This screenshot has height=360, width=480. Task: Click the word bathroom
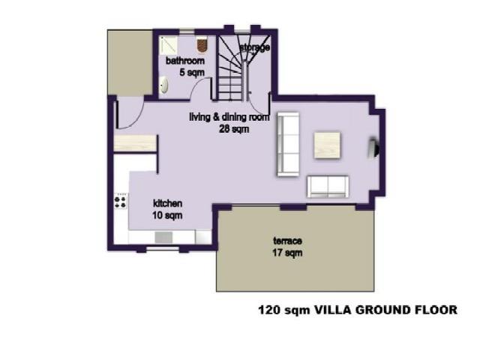[184, 61]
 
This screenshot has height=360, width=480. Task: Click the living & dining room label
[229, 117]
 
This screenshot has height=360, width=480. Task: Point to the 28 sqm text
[233, 128]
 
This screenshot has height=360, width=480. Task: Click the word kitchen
[168, 204]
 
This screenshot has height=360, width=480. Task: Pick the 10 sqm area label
[168, 215]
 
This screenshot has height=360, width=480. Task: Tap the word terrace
[287, 241]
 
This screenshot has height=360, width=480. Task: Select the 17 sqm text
[287, 253]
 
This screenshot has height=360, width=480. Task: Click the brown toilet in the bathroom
[202, 43]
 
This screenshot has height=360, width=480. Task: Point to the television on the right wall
[372, 148]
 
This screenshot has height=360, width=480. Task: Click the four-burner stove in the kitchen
[120, 200]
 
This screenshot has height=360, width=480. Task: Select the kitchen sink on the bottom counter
[164, 237]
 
